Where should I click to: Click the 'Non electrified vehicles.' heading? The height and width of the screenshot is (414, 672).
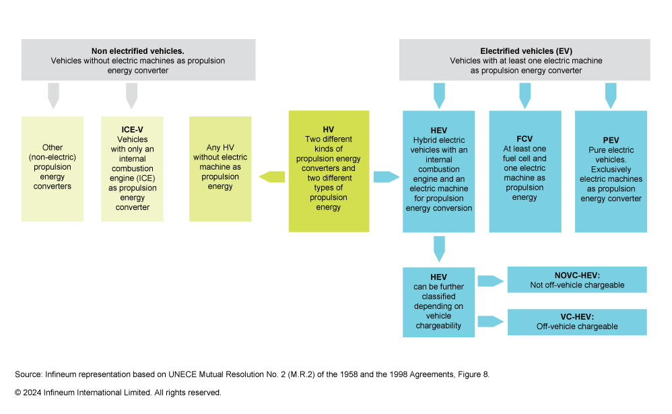click(138, 50)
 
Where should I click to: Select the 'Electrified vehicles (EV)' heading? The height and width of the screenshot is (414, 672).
click(525, 50)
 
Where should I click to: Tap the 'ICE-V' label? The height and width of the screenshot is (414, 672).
click(132, 131)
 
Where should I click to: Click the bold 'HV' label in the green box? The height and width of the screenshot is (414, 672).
click(329, 129)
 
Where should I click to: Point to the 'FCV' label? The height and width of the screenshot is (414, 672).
click(525, 139)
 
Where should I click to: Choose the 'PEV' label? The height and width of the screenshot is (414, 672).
click(611, 140)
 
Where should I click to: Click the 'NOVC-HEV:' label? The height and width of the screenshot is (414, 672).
click(576, 275)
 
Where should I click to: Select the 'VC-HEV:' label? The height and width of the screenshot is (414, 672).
click(576, 317)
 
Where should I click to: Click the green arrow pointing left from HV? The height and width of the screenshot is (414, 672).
click(272, 177)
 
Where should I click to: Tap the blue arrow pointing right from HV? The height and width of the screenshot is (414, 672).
click(386, 177)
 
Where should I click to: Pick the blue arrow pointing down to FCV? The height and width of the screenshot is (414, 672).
click(525, 95)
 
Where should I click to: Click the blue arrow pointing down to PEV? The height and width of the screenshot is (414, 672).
click(611, 95)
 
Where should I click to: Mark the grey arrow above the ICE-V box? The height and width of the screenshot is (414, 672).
click(132, 95)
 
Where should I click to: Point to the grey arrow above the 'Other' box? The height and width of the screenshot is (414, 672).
click(53, 95)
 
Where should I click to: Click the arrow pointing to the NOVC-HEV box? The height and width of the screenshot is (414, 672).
click(491, 280)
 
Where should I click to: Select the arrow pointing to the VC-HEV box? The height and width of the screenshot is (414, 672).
click(491, 322)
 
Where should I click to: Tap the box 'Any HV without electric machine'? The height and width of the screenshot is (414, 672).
click(220, 169)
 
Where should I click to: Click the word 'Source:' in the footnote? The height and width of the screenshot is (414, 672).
click(28, 374)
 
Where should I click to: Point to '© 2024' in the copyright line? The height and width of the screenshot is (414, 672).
click(28, 392)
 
